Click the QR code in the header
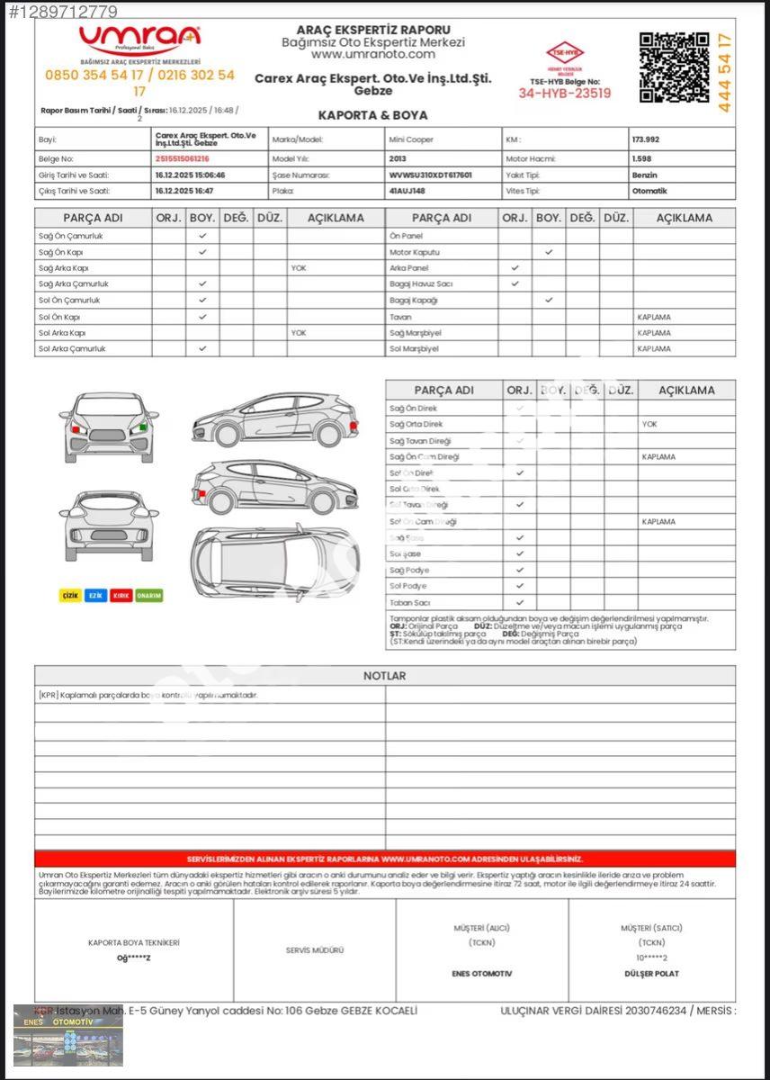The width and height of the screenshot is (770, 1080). pyautogui.click(x=674, y=67)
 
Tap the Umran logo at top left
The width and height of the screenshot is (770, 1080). pyautogui.click(x=139, y=38)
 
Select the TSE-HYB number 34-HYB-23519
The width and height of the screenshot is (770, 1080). pyautogui.click(x=564, y=93)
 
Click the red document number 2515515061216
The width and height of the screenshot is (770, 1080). pyautogui.click(x=182, y=158)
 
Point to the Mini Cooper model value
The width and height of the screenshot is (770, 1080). pyautogui.click(x=411, y=140)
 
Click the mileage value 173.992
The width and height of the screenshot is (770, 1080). pyautogui.click(x=646, y=140)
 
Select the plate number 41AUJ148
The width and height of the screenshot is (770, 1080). pyautogui.click(x=407, y=191)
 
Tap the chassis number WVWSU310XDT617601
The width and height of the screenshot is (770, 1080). pyautogui.click(x=430, y=175)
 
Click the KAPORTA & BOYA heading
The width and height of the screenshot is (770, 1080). pyautogui.click(x=372, y=115)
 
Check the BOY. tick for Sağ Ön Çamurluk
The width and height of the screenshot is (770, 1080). pyautogui.click(x=202, y=236)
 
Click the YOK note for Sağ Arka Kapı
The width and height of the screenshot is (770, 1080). pyautogui.click(x=298, y=268)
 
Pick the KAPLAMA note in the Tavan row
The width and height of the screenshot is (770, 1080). pyautogui.click(x=654, y=317)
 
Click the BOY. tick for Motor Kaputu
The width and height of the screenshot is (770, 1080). pyautogui.click(x=549, y=252)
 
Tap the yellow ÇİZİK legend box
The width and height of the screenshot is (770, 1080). pyautogui.click(x=70, y=596)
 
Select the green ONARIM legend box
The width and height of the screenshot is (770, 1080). pyautogui.click(x=148, y=596)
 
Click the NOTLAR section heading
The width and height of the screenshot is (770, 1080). pyautogui.click(x=384, y=676)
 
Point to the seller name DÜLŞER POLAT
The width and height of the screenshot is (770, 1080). pyautogui.click(x=651, y=974)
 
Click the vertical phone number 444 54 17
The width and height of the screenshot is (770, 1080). pyautogui.click(x=725, y=72)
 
